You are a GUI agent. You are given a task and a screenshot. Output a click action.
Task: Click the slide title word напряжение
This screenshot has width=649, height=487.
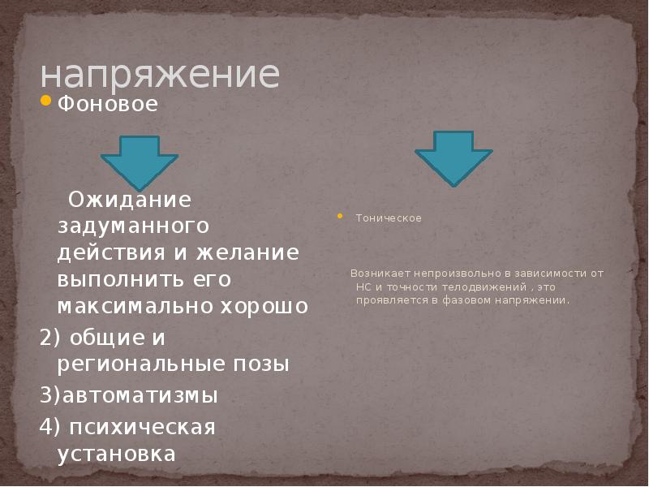[160, 75]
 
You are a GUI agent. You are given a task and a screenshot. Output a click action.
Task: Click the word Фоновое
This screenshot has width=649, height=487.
[107, 106]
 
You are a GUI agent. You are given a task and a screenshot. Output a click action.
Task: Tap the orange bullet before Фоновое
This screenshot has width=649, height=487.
[45, 102]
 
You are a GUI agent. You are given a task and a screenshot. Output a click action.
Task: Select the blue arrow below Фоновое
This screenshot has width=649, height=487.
[140, 162]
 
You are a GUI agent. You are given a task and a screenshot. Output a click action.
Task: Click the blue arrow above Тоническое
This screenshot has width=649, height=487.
[453, 157]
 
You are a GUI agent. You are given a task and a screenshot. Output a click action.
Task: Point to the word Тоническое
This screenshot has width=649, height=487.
[389, 218]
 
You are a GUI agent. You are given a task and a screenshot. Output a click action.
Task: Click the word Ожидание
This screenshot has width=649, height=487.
[129, 199]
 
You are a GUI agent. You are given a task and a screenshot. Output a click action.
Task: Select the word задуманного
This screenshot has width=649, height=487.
[133, 226]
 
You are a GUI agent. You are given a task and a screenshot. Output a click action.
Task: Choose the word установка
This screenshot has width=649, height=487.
[116, 453]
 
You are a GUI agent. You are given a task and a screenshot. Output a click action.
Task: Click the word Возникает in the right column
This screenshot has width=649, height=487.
[376, 274]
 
